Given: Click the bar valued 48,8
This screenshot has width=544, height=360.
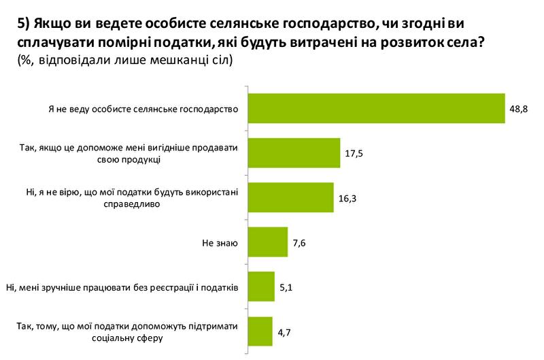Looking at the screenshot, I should [376, 108].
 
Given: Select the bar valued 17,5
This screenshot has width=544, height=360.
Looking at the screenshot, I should [293, 153].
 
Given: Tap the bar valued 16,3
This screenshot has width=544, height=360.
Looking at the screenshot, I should [290, 198].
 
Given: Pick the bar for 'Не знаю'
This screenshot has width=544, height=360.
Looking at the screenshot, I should [267, 242].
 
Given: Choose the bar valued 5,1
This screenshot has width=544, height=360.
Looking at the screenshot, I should [260, 287].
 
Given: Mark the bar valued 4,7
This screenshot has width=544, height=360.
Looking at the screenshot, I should [260, 331].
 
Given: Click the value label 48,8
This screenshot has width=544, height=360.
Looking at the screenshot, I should [519, 108].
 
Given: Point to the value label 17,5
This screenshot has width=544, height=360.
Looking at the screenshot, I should [353, 153].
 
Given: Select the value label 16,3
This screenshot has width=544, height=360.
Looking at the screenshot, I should [347, 198].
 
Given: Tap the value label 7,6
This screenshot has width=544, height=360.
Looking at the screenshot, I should [299, 242].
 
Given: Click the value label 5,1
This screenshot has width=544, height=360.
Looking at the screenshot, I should [286, 287].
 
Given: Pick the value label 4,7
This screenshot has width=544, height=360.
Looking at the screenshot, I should [284, 331].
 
